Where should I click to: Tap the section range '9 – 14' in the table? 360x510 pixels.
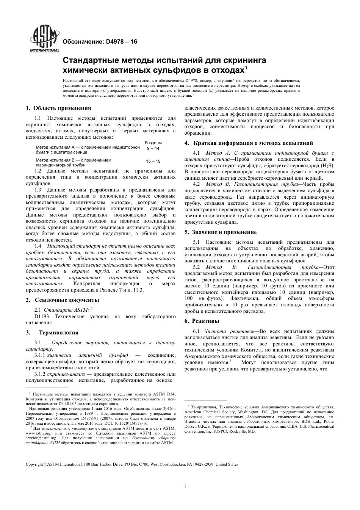[153, 148]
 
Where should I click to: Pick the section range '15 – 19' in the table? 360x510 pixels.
[153, 161]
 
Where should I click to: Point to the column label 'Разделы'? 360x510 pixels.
[153, 142]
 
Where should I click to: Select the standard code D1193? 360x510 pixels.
[42, 316]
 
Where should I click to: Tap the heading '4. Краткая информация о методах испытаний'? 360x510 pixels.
[249, 143]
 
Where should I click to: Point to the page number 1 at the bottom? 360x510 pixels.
[185, 486]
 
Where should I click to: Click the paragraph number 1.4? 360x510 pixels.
[38, 246]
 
